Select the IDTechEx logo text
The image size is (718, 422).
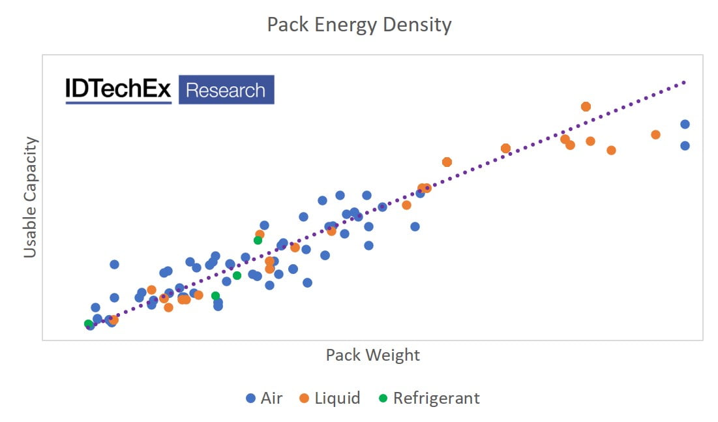(118, 90)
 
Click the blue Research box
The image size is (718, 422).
(226, 90)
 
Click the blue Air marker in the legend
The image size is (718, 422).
(250, 398)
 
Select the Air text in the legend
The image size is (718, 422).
(271, 398)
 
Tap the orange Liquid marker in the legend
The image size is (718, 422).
(305, 398)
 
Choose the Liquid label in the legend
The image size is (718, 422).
(337, 398)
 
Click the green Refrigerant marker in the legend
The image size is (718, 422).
(383, 398)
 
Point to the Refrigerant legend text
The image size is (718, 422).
(436, 398)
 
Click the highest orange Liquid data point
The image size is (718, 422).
(586, 106)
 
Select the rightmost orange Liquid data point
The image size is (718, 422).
(655, 134)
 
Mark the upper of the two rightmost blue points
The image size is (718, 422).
(685, 124)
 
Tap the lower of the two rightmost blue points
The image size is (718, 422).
(685, 145)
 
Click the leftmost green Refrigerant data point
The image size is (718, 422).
(88, 324)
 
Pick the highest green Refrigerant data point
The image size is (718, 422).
(258, 240)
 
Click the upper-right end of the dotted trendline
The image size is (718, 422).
(685, 82)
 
